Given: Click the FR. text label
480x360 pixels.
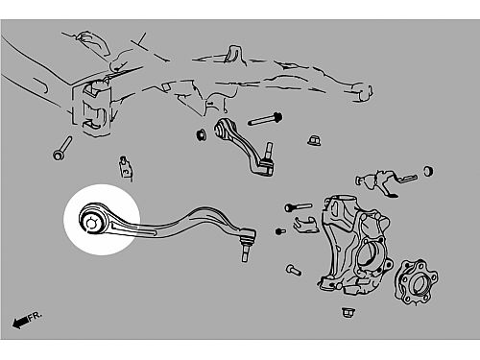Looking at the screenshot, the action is [x=35, y=317].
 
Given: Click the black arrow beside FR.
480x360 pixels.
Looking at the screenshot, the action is [x=20, y=323].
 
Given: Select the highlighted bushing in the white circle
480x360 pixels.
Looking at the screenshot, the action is [x=92, y=222].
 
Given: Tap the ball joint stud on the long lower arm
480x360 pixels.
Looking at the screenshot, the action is [x=246, y=252].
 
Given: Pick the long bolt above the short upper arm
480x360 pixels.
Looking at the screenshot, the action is [x=265, y=119].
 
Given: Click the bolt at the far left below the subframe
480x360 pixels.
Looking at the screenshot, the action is [x=62, y=148].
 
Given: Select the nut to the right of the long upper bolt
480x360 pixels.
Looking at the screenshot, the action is [x=314, y=140].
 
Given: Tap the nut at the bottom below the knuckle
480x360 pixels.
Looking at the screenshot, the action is [x=348, y=312].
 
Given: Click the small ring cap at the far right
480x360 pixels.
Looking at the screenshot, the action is [x=428, y=171].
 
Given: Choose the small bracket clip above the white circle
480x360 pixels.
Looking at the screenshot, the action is [x=126, y=169].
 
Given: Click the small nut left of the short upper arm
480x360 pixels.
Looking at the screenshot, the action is [x=202, y=134].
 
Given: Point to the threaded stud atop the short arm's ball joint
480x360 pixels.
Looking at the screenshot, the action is [x=269, y=150].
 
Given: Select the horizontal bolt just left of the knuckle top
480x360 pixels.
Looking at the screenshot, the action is [x=299, y=207].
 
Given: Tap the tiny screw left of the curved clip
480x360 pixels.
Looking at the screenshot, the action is [x=280, y=230].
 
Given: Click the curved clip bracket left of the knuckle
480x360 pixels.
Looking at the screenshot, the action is [x=306, y=225].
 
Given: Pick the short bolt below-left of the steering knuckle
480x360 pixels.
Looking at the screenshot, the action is [x=294, y=270].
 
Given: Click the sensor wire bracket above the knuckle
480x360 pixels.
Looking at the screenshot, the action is [x=386, y=181].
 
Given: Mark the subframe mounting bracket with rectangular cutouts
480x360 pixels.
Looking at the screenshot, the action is [x=93, y=108].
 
